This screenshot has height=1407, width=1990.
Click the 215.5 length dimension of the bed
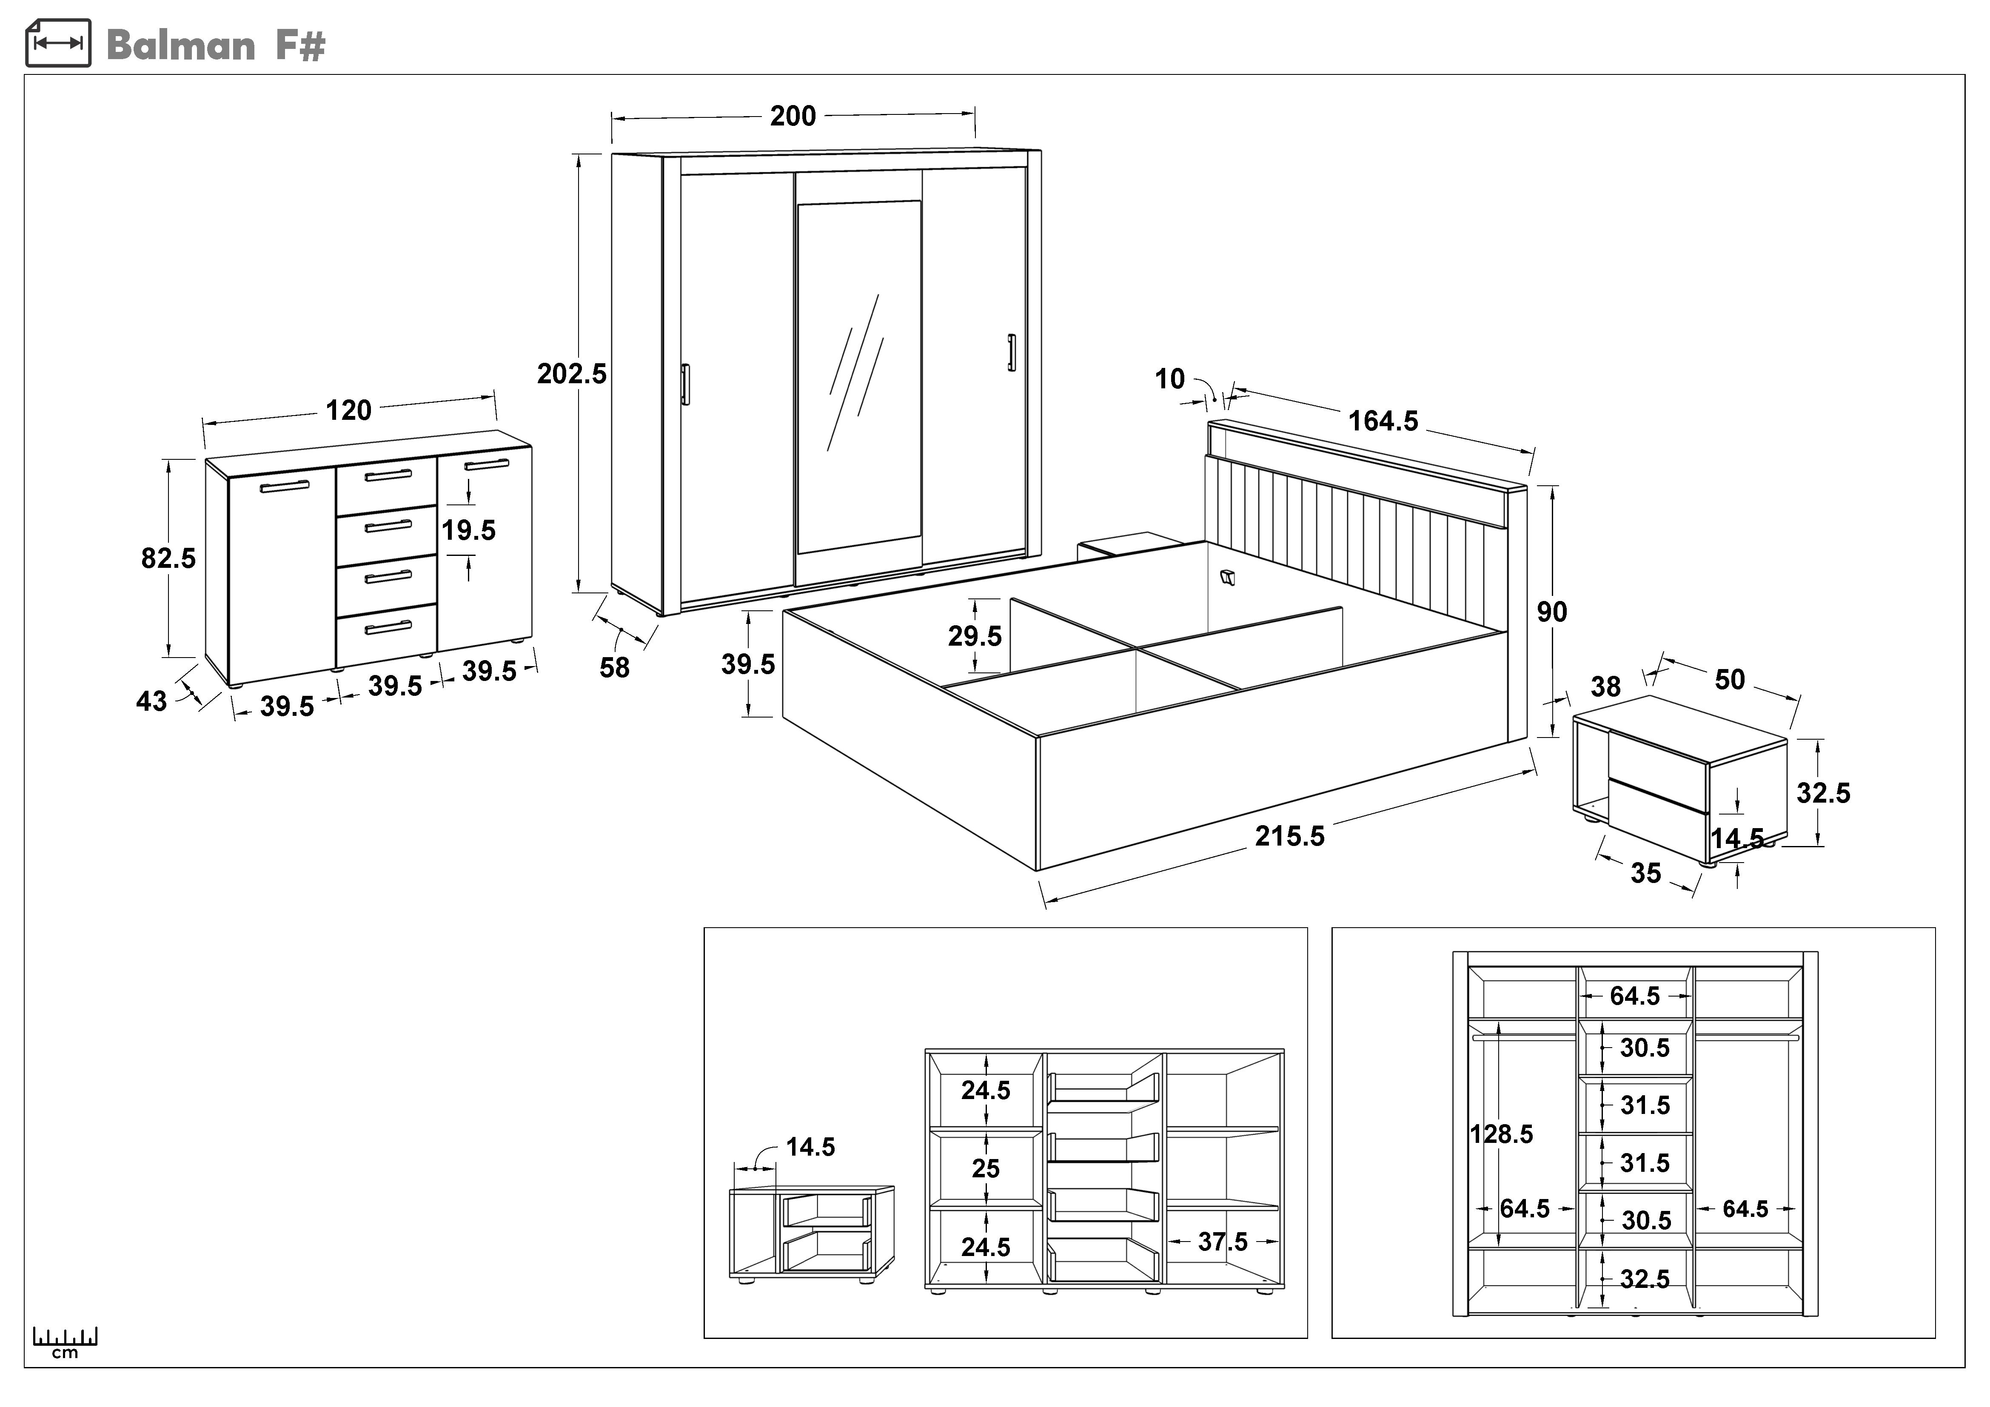click(x=1290, y=836)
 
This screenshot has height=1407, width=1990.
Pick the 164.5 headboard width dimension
click(x=1383, y=421)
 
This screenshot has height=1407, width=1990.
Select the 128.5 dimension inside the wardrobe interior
click(x=1501, y=1134)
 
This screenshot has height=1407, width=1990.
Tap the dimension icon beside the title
click(x=58, y=43)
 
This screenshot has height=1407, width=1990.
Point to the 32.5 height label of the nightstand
click(x=1823, y=793)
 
